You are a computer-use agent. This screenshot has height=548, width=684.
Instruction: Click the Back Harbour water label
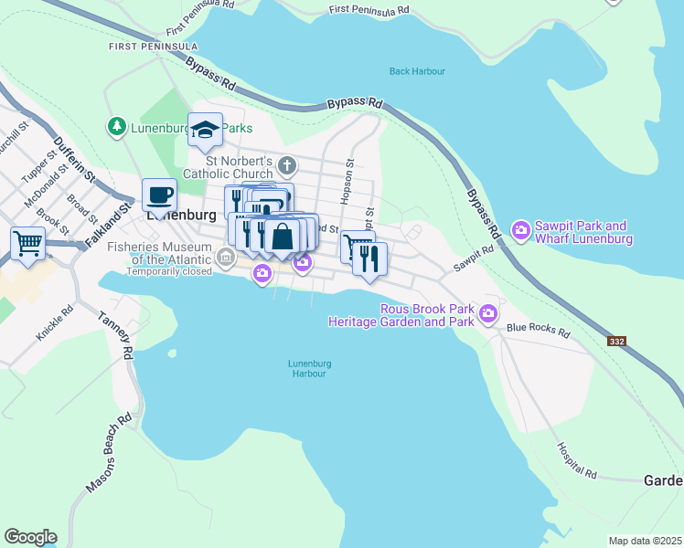(416, 70)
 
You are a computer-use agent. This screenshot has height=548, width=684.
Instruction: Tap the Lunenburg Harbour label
(309, 368)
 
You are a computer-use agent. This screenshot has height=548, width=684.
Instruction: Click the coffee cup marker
(160, 195)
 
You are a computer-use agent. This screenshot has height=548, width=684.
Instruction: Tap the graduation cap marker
(206, 130)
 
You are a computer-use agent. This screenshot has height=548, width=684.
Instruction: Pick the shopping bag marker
(283, 237)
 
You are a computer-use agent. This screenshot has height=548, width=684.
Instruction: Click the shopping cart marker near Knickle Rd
(28, 245)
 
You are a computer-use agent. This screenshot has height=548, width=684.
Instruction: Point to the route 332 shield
(618, 341)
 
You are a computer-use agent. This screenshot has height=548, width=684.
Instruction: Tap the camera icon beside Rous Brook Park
(488, 315)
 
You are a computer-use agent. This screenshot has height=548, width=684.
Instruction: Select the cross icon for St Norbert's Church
(287, 166)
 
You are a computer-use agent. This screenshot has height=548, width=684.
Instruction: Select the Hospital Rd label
(577, 461)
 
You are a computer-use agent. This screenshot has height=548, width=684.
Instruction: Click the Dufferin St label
(69, 154)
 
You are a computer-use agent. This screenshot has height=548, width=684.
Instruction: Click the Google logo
(30, 537)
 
